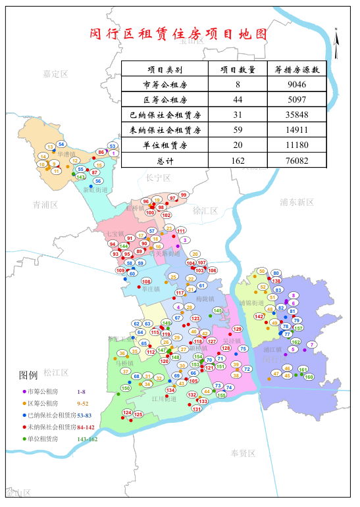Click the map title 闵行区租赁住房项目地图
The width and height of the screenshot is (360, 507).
[x=179, y=35]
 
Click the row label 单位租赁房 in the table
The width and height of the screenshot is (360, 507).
[x=165, y=145]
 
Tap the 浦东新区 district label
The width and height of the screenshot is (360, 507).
[x=297, y=202]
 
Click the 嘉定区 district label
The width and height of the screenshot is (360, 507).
[x=55, y=74]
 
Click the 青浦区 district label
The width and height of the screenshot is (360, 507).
[x=45, y=205]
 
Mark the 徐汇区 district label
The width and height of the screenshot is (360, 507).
[x=205, y=211]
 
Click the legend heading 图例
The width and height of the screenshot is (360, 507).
[x=29, y=375]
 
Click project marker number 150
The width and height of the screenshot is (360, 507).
[x=126, y=389]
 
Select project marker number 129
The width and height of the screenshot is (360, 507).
[x=238, y=329]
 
